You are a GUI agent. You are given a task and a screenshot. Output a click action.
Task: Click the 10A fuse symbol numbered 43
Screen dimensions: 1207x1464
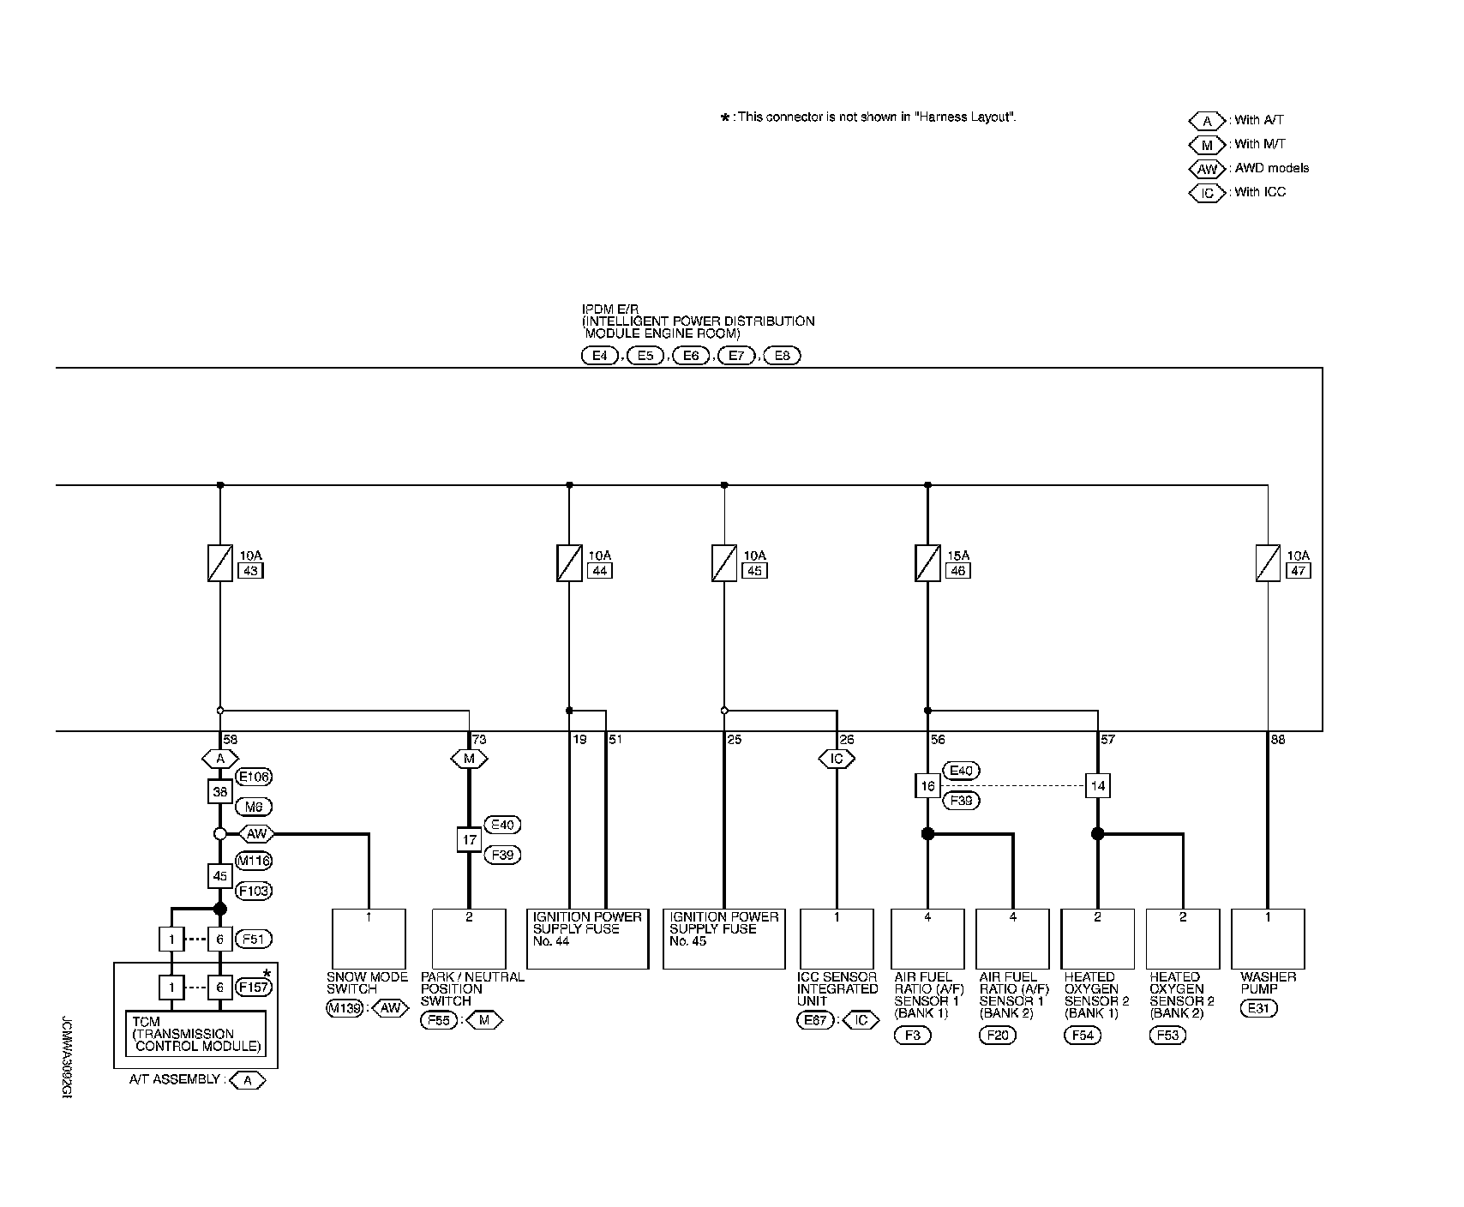(220, 563)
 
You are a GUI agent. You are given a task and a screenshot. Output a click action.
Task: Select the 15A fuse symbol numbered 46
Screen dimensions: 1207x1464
(927, 563)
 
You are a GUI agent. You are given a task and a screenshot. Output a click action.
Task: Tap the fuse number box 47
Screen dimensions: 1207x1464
(1299, 571)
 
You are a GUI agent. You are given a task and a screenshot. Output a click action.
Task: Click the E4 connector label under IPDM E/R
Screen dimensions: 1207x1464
(599, 356)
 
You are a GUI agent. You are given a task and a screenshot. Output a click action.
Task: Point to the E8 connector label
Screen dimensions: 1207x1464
(781, 356)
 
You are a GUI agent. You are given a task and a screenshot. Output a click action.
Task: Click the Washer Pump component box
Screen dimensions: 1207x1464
(1268, 940)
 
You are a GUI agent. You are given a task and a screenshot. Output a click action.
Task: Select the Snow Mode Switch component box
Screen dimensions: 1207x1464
(369, 940)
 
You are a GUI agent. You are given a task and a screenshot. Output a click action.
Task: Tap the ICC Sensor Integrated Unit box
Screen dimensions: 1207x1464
(837, 940)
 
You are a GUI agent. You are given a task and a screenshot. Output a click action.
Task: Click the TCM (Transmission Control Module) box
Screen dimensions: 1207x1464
(196, 1034)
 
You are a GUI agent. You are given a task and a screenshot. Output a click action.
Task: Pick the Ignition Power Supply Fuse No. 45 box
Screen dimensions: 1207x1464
(723, 940)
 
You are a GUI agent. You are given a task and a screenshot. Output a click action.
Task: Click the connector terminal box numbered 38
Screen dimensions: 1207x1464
(220, 791)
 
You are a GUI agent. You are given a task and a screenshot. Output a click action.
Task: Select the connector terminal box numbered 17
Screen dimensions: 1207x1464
(469, 839)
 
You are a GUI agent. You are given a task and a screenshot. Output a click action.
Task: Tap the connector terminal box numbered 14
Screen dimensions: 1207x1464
(1097, 785)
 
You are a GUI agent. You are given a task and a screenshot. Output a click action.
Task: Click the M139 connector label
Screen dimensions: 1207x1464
(345, 1008)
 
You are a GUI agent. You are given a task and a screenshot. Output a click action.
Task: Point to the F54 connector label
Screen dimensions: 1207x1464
(1083, 1035)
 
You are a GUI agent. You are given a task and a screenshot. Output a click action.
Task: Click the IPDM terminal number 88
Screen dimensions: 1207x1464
(1278, 740)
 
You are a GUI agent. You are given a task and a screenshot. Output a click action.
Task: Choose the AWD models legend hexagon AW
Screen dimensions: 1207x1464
(1207, 169)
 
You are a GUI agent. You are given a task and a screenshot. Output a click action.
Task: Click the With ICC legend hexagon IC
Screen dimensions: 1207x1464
(1207, 193)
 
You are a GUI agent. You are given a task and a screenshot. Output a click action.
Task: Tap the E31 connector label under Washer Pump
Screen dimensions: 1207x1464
(1258, 1009)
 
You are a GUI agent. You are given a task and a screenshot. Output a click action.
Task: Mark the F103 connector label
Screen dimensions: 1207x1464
(253, 891)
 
